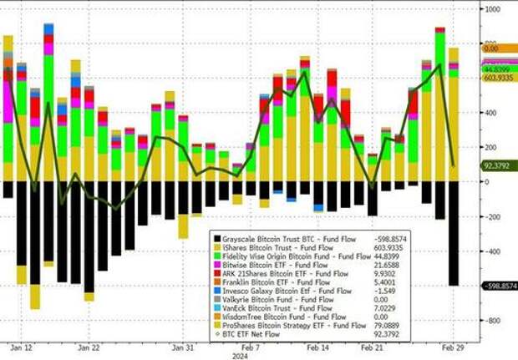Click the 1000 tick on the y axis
(x=494, y=8)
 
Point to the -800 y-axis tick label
(x=493, y=321)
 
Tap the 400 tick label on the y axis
(x=492, y=112)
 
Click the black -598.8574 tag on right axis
(x=499, y=286)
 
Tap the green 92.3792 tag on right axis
(x=496, y=166)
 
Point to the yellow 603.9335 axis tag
(x=498, y=78)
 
